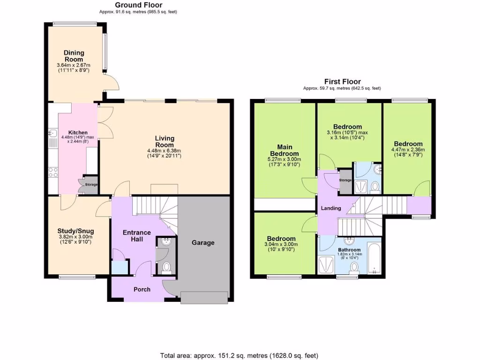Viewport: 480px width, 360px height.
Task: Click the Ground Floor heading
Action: click(139, 5)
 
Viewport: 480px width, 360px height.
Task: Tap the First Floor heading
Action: click(342, 82)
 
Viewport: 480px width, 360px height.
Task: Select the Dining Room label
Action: click(74, 56)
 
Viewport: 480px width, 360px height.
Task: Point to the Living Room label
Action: click(165, 142)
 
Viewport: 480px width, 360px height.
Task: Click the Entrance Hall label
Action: click(136, 236)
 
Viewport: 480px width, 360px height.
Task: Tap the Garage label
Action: click(203, 242)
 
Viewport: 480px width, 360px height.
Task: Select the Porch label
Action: click(142, 289)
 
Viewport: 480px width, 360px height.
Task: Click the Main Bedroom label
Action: click(284, 150)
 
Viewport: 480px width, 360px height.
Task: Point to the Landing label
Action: click(331, 208)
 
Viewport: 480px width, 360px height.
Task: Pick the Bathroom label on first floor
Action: click(349, 250)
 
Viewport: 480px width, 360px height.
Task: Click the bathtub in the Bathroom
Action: click(373, 258)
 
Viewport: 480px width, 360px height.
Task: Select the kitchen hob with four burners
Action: click(53, 172)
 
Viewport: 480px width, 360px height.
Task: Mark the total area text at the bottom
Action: click(240, 355)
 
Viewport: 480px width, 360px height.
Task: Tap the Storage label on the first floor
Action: click(345, 180)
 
